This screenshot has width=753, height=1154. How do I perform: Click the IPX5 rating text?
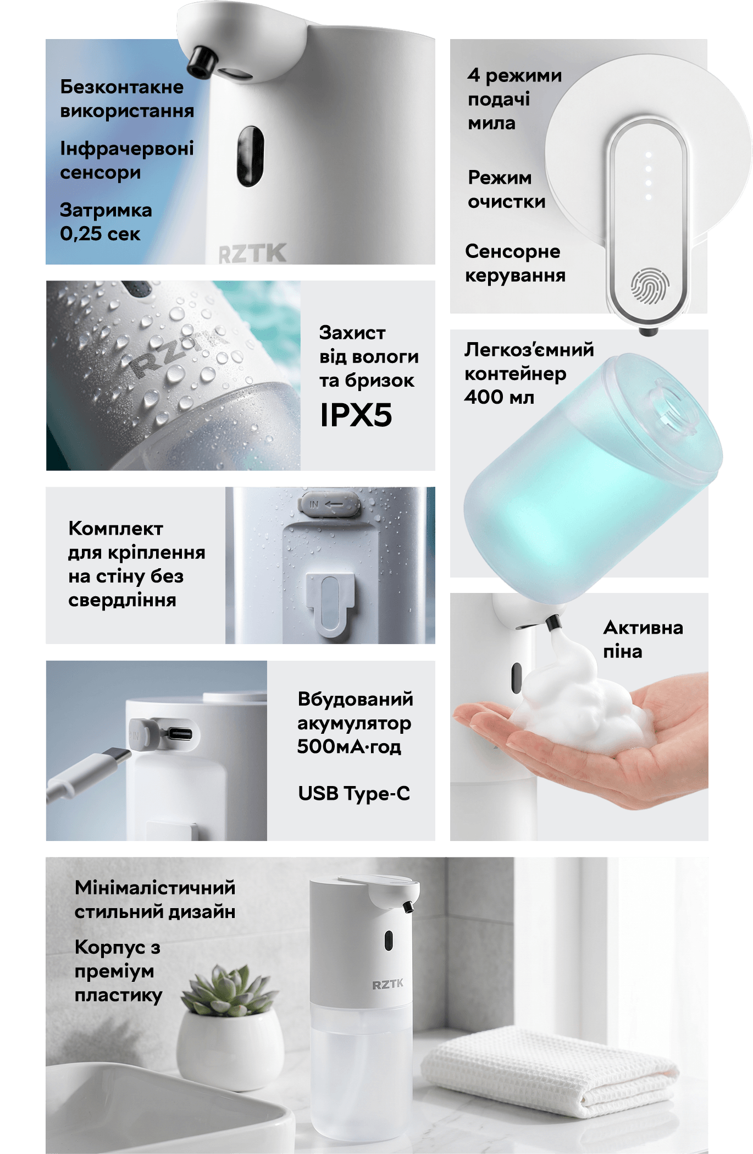click(356, 415)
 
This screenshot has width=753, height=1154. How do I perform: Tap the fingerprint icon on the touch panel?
click(650, 285)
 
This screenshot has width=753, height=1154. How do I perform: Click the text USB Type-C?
click(354, 793)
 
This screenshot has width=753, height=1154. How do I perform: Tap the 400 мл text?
click(499, 397)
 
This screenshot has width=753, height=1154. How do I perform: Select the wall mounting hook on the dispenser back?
click(330, 605)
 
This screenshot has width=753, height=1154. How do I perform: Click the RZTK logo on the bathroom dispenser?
click(387, 984)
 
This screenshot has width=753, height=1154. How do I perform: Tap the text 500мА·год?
click(349, 746)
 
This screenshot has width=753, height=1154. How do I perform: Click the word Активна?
click(644, 628)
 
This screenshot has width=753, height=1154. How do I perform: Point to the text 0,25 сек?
click(100, 234)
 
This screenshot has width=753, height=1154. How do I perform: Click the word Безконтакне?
click(122, 86)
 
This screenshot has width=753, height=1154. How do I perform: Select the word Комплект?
click(115, 529)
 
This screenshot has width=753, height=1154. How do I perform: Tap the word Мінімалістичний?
click(155, 887)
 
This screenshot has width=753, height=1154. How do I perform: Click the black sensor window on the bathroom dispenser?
click(389, 941)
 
